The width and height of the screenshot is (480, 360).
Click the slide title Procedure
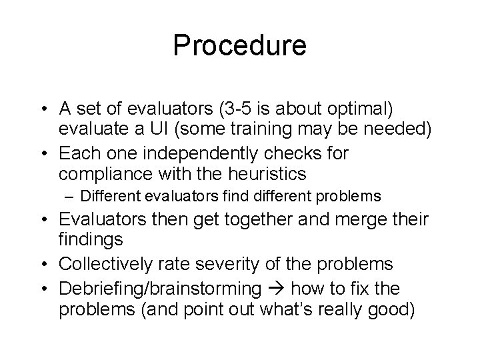(240, 45)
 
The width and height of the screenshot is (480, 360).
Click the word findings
(90, 241)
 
